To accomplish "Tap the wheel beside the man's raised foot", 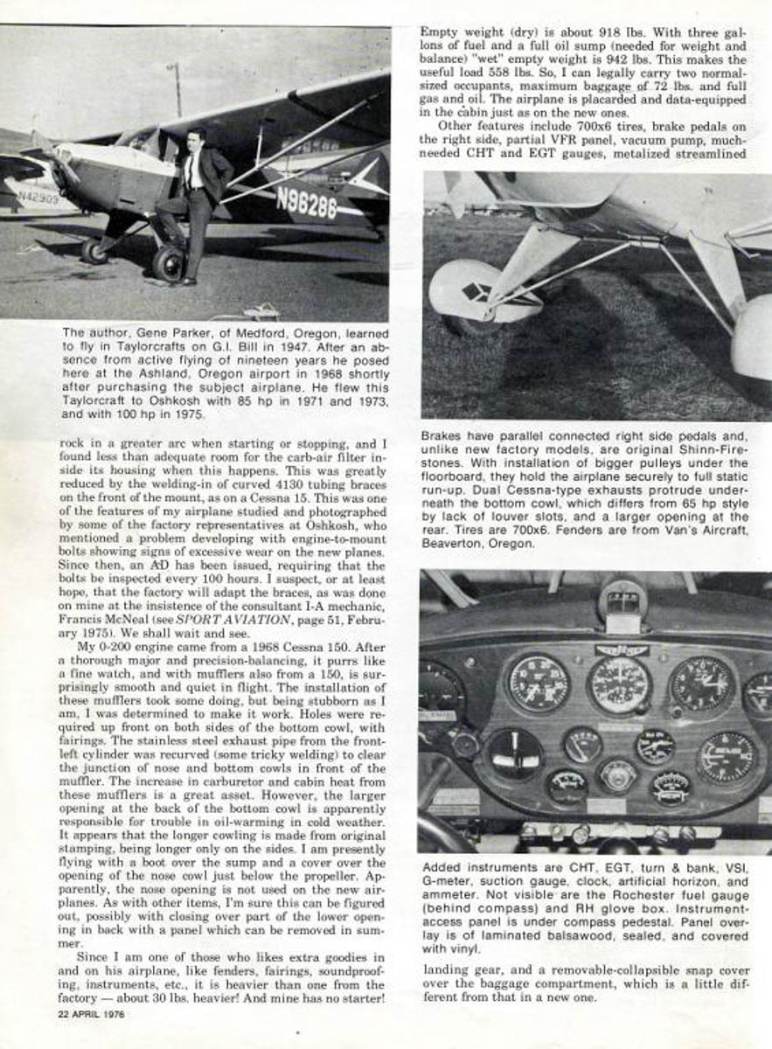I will point(169,261).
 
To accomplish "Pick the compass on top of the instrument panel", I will point(622,603).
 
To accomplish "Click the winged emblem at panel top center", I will point(622,650).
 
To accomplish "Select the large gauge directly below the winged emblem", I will point(619,685).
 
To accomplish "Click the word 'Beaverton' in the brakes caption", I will point(450,543).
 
